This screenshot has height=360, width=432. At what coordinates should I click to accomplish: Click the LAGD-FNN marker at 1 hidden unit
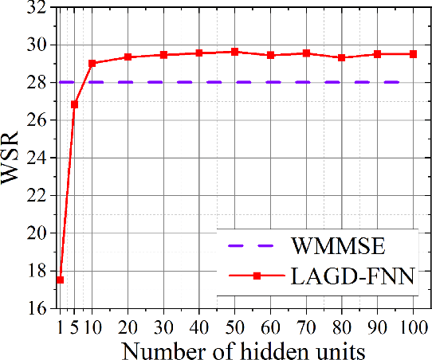pos(60,280)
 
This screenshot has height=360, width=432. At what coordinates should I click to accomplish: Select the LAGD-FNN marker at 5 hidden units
pos(74,104)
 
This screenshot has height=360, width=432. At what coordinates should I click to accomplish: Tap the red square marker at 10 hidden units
pos(92,63)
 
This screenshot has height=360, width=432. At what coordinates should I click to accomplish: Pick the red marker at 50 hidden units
pos(234,52)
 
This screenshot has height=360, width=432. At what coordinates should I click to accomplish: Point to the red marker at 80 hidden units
pos(341,57)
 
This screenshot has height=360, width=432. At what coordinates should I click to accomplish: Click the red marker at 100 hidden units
pos(413,54)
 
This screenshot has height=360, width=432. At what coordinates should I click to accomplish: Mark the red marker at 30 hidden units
pos(163,55)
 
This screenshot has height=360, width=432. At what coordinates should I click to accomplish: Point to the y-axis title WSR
pos(14,158)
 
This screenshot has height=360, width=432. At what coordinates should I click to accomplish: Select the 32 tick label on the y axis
pos(34,7)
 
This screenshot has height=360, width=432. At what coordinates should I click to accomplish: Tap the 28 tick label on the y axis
pos(34,82)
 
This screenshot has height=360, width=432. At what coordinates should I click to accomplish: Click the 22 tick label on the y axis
pos(34,195)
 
